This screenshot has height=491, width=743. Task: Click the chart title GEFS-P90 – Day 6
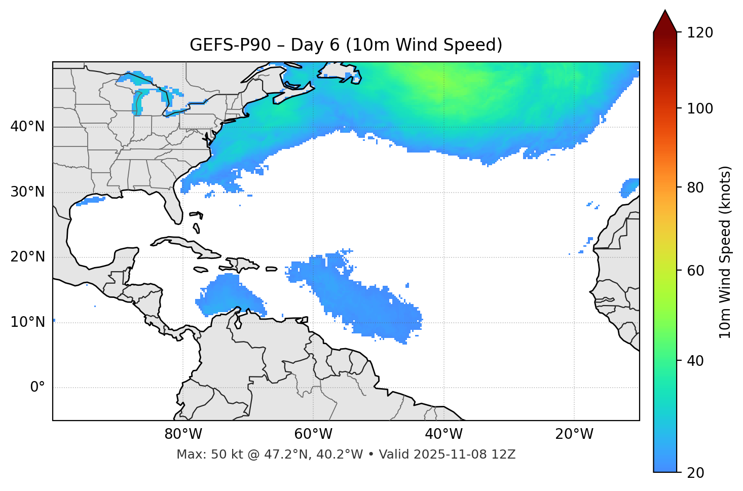pos(346,45)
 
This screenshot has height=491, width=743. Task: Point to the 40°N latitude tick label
pos(27,127)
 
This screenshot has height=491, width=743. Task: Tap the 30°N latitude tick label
pos(27,192)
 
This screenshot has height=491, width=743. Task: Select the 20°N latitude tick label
pos(27,257)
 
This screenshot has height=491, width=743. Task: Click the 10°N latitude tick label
pos(27,322)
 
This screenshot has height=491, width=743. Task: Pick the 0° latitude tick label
pos(38,388)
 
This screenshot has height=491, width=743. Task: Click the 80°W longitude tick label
pos(183,434)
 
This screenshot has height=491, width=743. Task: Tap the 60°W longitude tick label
pos(313,434)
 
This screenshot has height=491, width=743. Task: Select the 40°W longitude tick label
pos(443,434)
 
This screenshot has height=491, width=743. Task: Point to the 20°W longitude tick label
pos(574,434)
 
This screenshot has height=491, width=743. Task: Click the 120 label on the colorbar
pos(701,33)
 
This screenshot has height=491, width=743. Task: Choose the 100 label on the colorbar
pos(701,108)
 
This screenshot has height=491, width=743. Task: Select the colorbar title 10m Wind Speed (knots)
pos(725,252)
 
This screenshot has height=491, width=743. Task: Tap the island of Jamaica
pos(201,270)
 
